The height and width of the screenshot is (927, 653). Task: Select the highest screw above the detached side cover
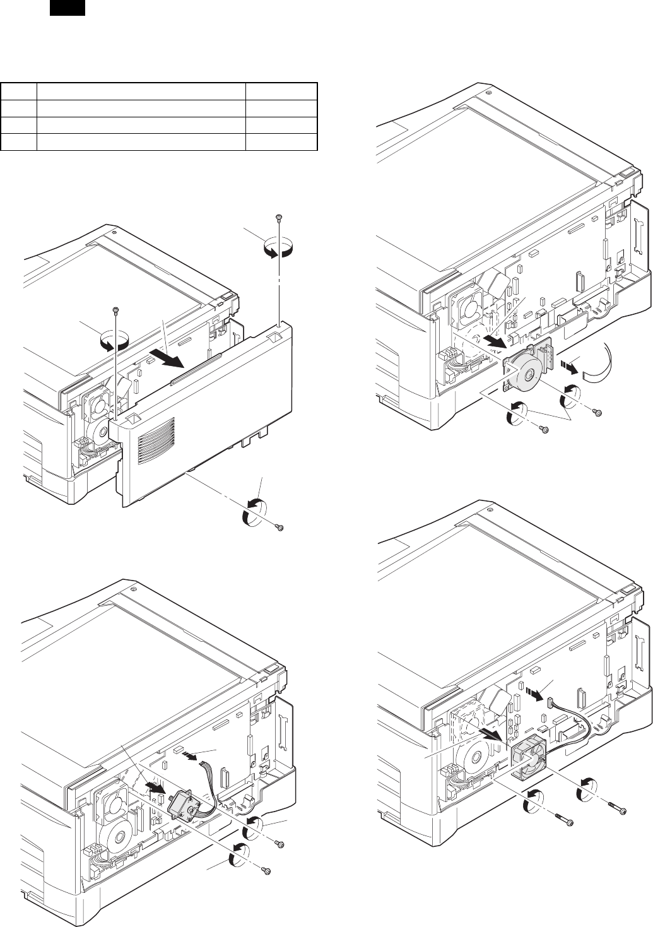point(278,218)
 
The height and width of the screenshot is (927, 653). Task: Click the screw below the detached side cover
point(281,528)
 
